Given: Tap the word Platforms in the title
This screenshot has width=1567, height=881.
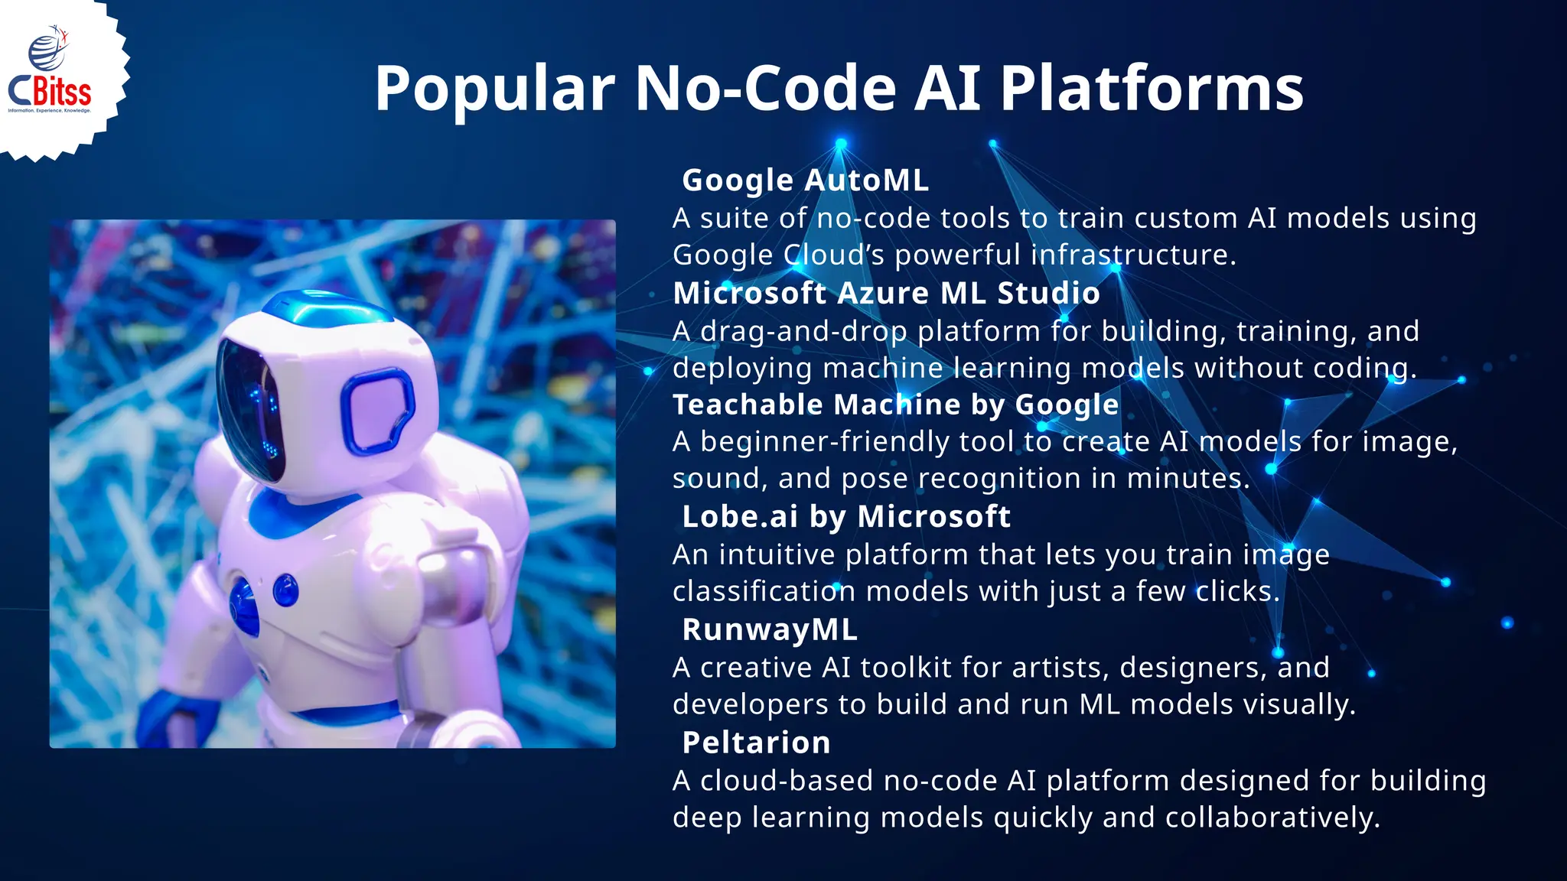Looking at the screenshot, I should coord(1152,89).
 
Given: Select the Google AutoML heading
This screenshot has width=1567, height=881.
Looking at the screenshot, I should coord(805,180).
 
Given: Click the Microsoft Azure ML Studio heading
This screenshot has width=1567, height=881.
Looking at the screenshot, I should coord(886,293).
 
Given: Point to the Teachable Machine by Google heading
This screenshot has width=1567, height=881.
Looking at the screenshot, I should coord(895,405).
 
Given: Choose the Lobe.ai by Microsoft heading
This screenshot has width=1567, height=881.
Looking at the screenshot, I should coord(845,517).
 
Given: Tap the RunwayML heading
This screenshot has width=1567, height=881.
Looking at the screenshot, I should coord(769,630).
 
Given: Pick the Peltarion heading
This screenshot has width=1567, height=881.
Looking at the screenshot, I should coord(756,743).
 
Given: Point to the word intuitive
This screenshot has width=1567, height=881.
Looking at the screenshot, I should coord(777,554).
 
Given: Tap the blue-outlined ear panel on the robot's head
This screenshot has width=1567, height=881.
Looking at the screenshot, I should coord(376,408).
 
